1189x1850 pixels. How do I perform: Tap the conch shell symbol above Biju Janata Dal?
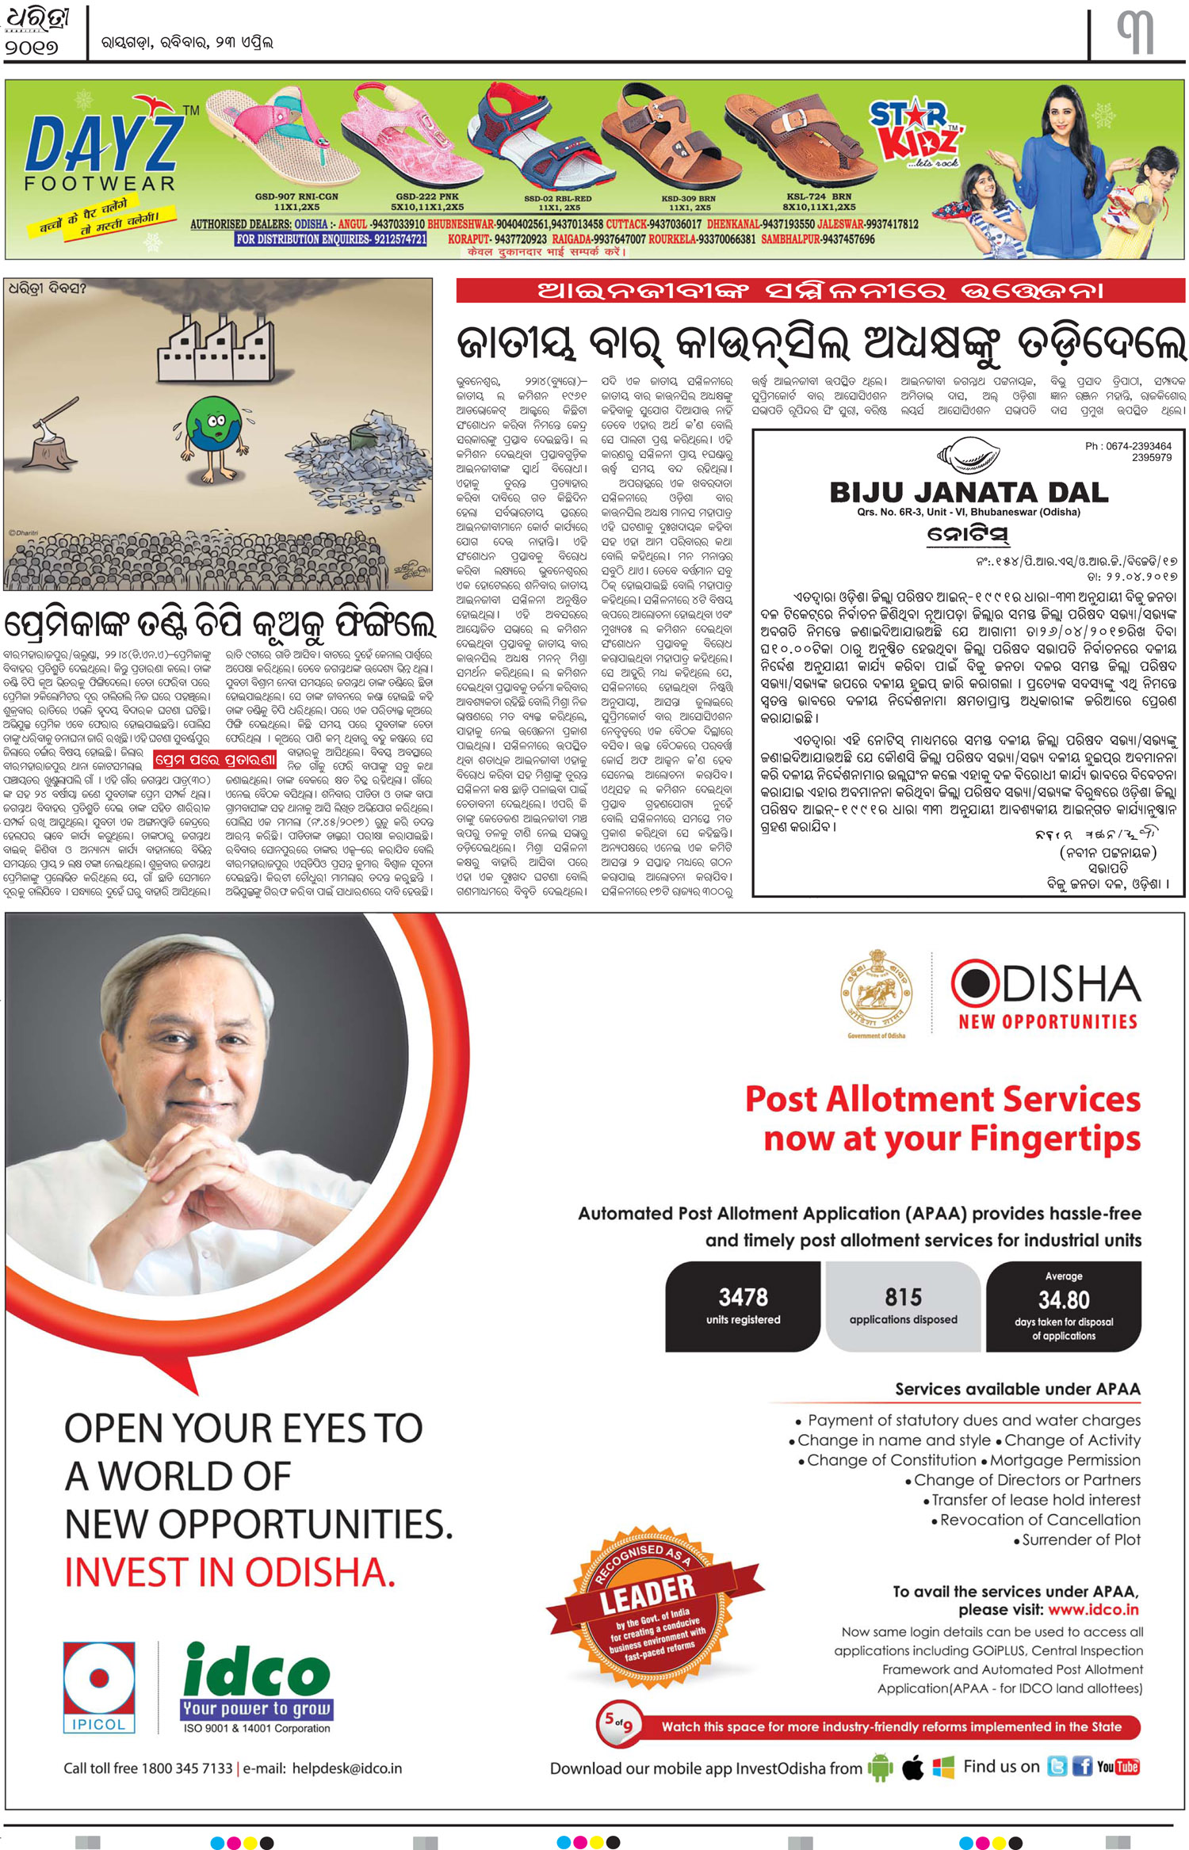click(x=967, y=456)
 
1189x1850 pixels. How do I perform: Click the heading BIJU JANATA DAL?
click(x=969, y=493)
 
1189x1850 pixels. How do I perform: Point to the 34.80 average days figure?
click(x=1064, y=1300)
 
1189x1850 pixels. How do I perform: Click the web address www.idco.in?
click(x=1093, y=1609)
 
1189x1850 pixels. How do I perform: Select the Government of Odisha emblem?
click(x=876, y=991)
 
